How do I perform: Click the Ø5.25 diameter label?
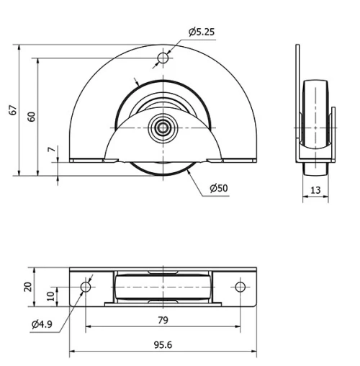point(202,31)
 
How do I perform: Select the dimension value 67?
point(12,110)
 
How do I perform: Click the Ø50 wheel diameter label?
point(219,188)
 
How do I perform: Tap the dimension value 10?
point(50,295)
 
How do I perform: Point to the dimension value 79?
point(163,321)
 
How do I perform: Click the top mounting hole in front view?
point(164,57)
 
